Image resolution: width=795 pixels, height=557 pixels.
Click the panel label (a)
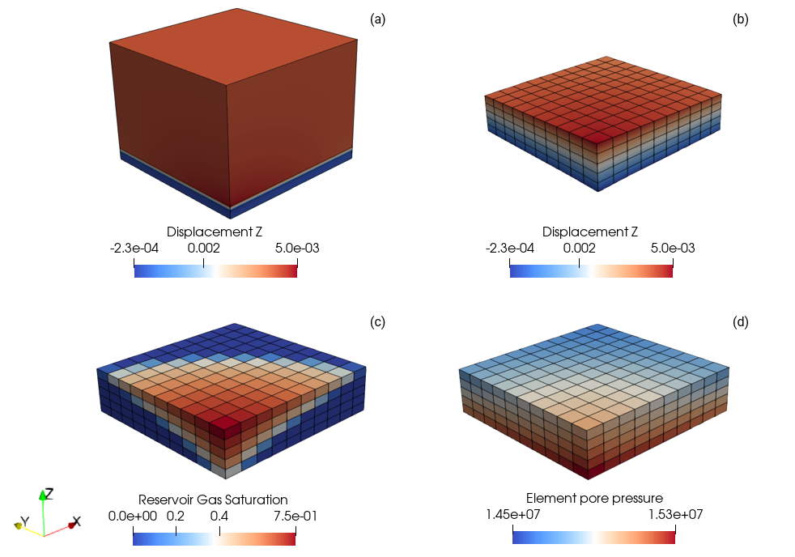(377, 19)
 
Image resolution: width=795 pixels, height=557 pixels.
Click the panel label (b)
(740, 19)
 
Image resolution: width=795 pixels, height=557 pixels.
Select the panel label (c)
(377, 321)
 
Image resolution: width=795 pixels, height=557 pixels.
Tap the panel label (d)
(740, 321)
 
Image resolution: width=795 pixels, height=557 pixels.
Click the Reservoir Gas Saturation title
(213, 499)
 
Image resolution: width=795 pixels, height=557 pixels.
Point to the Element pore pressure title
(594, 498)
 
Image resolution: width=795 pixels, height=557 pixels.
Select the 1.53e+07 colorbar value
(674, 514)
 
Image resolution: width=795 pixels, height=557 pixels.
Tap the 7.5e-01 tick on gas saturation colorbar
(295, 515)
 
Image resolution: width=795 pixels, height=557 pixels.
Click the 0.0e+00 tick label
(133, 515)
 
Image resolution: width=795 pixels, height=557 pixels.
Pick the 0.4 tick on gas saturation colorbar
(219, 515)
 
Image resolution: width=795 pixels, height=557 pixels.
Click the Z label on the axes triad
(49, 493)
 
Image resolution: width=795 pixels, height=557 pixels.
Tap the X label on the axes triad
(76, 521)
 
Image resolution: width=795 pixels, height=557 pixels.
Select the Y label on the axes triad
(24, 520)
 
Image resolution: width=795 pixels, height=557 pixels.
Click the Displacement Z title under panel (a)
(215, 232)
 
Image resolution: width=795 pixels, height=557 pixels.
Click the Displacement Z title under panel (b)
(591, 232)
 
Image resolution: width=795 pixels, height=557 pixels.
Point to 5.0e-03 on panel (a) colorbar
(296, 248)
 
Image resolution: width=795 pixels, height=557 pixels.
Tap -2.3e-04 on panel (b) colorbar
(510, 248)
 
